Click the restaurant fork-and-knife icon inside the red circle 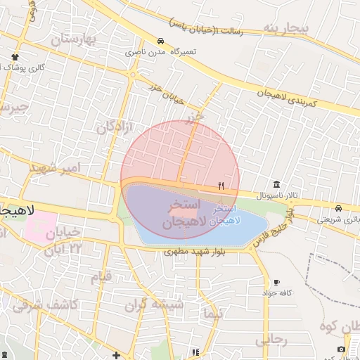[x=221, y=186]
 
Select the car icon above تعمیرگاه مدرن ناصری [x=161, y=41]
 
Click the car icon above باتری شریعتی [x=339, y=209]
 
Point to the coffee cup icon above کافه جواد [x=276, y=282]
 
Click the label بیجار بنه [x=285, y=28]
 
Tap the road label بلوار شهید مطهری [x=194, y=251]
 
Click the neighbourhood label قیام [x=101, y=276]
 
